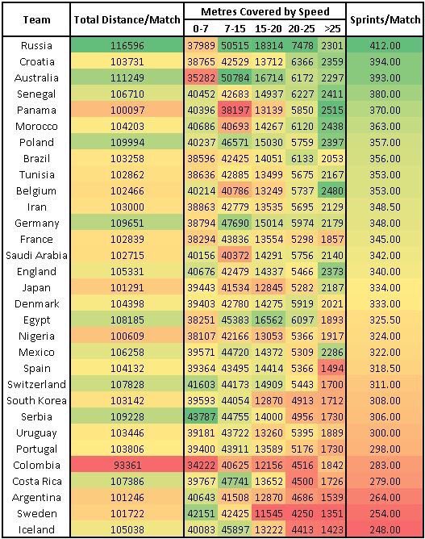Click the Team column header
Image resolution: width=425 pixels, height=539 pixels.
(36, 20)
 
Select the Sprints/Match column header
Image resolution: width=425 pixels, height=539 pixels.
(385, 20)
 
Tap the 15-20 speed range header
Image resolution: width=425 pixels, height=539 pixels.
(268, 28)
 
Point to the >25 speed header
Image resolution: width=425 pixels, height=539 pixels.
(332, 28)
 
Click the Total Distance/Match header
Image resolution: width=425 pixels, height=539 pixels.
(127, 20)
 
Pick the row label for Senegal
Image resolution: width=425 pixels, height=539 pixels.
(36, 94)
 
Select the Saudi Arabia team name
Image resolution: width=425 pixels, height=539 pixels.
(36, 256)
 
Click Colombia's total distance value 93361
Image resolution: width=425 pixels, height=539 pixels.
(127, 465)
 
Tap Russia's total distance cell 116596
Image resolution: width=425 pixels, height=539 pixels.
(127, 46)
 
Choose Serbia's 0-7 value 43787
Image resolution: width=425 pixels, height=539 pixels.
(201, 416)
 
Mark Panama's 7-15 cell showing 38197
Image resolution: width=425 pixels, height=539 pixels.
(235, 111)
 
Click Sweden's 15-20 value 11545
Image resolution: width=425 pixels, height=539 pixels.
(269, 513)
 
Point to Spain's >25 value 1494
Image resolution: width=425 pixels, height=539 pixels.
(332, 369)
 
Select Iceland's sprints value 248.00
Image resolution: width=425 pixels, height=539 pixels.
(385, 529)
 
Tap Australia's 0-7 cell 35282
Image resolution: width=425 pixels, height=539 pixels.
(201, 78)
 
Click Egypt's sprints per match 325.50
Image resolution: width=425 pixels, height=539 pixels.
(385, 320)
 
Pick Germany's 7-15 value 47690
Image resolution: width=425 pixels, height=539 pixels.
(235, 223)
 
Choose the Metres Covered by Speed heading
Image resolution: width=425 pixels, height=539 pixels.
(265, 11)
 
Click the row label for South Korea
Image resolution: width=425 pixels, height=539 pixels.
(36, 400)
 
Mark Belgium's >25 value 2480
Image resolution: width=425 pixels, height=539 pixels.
(332, 190)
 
